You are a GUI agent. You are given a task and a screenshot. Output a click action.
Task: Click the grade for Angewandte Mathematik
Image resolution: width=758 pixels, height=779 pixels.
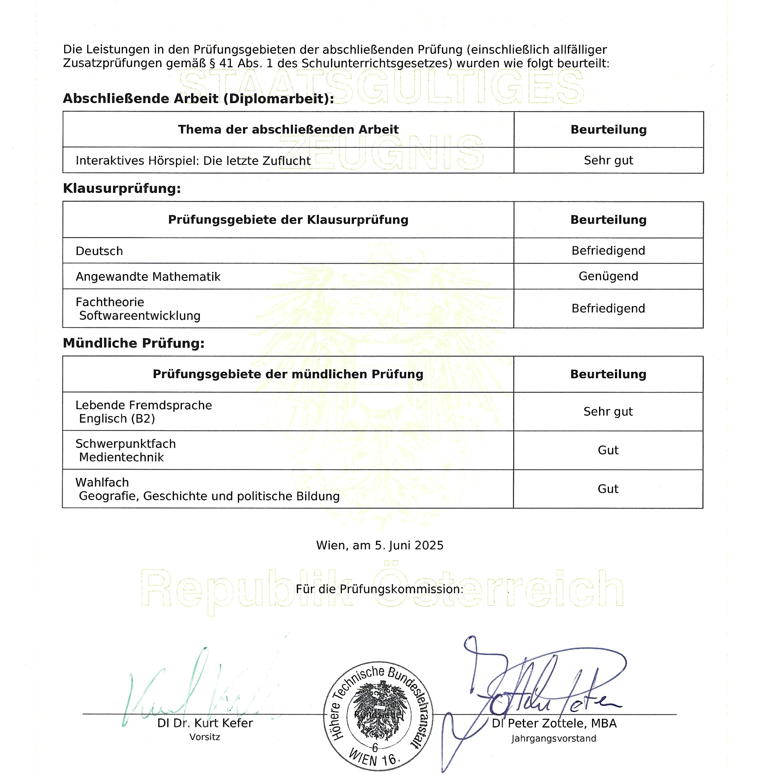pyautogui.click(x=608, y=276)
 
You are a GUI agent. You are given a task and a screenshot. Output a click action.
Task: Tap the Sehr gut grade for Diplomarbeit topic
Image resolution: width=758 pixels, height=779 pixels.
pyautogui.click(x=608, y=160)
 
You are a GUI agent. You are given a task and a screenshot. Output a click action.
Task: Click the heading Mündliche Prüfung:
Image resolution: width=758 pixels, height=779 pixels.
pyautogui.click(x=133, y=343)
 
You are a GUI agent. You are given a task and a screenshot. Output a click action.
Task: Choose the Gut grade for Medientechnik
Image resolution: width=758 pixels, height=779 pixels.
pyautogui.click(x=608, y=450)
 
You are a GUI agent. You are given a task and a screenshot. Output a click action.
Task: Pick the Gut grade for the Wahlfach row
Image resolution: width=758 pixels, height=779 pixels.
pyautogui.click(x=608, y=489)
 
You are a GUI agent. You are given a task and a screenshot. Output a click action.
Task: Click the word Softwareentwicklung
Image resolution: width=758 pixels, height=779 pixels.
pyautogui.click(x=140, y=316)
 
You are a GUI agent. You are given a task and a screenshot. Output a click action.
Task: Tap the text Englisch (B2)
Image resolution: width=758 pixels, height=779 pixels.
pyautogui.click(x=117, y=419)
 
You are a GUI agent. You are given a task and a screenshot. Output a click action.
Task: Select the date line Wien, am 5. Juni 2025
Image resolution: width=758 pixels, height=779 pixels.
pyautogui.click(x=379, y=545)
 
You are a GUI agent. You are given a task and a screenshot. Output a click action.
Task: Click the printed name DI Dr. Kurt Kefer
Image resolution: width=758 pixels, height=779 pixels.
pyautogui.click(x=205, y=723)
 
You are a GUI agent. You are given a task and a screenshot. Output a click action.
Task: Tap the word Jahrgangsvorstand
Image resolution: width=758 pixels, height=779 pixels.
pyautogui.click(x=554, y=739)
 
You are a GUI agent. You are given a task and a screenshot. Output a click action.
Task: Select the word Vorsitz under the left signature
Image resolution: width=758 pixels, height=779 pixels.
pyautogui.click(x=204, y=737)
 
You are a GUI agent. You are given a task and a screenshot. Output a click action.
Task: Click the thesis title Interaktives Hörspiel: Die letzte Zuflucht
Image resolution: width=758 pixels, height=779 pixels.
pyautogui.click(x=193, y=161)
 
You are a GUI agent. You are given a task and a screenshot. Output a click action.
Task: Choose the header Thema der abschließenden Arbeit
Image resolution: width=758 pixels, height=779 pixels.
pyautogui.click(x=288, y=130)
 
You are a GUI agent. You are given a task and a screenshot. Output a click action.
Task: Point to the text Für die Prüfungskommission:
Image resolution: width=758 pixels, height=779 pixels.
pyautogui.click(x=379, y=590)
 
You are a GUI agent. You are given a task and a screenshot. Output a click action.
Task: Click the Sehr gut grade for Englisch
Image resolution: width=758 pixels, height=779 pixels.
pyautogui.click(x=608, y=412)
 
